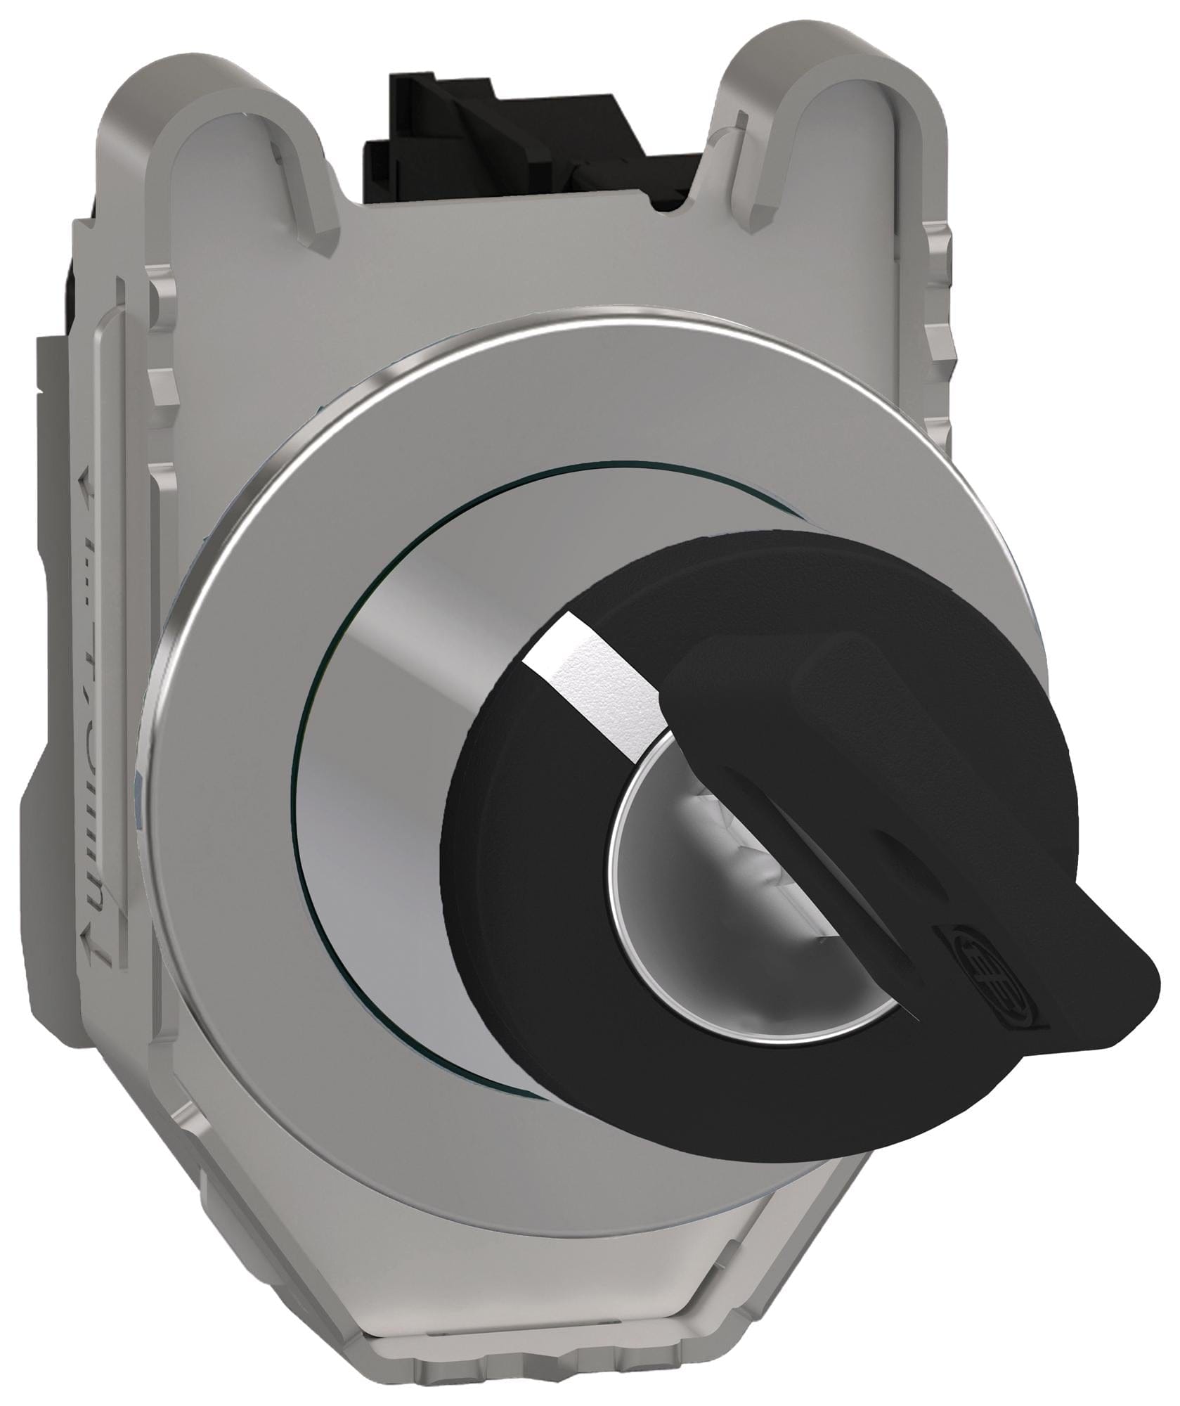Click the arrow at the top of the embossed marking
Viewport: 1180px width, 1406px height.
[88, 489]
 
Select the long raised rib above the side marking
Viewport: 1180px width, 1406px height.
[105, 380]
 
